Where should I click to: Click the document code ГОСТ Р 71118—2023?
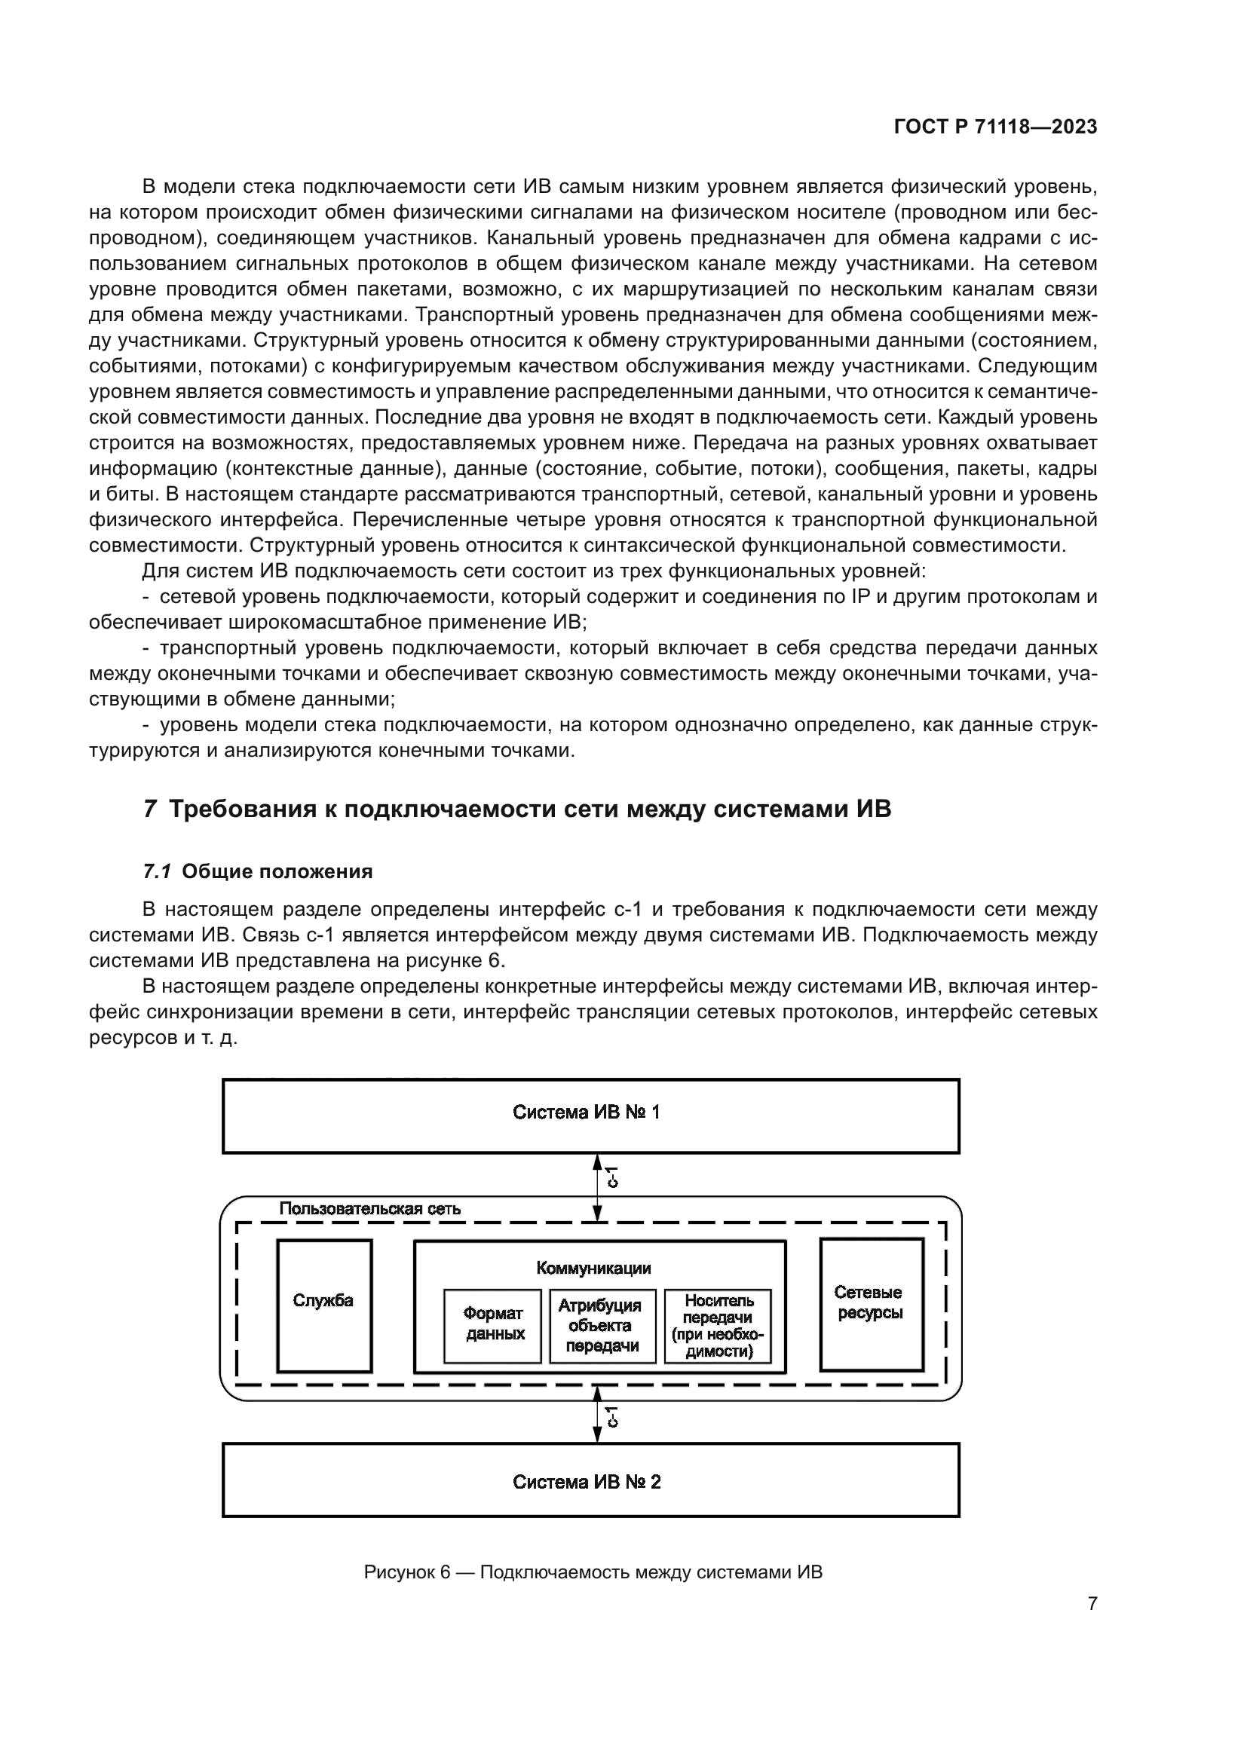point(996,127)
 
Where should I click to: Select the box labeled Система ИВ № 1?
point(590,1116)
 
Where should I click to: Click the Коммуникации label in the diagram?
point(593,1269)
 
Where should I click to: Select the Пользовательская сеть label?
point(370,1208)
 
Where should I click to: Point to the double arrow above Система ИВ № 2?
point(597,1422)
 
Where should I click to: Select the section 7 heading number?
point(151,810)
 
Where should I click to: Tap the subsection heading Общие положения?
point(277,871)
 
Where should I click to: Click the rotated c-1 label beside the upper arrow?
point(612,1177)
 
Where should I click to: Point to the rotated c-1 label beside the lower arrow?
point(612,1417)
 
